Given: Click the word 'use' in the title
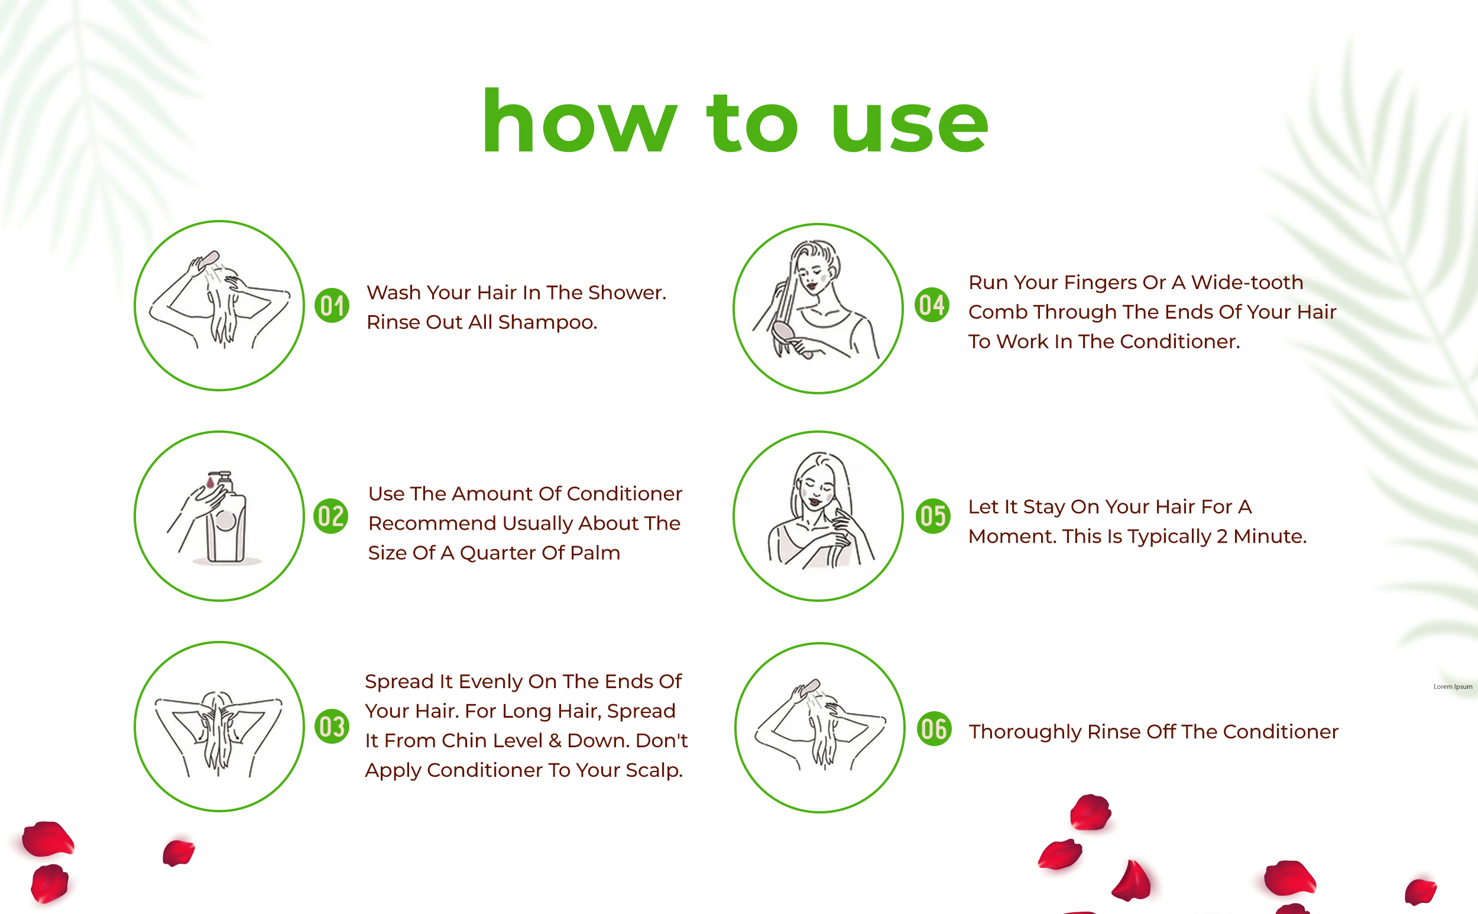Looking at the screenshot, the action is [910, 127].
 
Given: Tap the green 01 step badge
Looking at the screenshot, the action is [332, 305].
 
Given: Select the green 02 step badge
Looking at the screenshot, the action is [330, 516].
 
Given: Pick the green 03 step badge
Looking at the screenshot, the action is [332, 726].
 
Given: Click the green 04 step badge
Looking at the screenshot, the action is [932, 304].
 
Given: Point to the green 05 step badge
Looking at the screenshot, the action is [934, 516].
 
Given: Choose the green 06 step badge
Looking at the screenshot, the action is [935, 728].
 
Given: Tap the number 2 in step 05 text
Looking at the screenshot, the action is [1221, 537].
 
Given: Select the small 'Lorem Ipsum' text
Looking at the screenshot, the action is [1453, 687].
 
